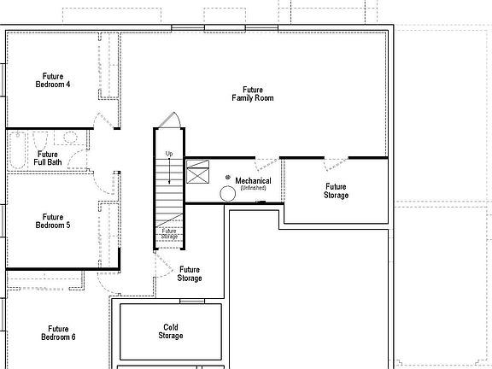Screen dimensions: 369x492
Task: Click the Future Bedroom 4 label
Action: click(x=52, y=80)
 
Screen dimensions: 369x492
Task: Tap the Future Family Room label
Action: click(x=252, y=94)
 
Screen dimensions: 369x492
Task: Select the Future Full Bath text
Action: click(x=48, y=158)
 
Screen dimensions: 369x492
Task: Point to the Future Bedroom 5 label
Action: click(x=52, y=221)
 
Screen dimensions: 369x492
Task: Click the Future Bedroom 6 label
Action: click(x=58, y=332)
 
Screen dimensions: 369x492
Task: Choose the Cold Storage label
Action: click(x=170, y=331)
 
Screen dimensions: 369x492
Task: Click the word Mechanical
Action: click(x=253, y=181)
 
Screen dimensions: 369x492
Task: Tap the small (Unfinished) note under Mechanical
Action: click(x=253, y=188)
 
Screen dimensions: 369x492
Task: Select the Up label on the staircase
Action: click(x=169, y=154)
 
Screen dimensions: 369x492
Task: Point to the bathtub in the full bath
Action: click(x=17, y=150)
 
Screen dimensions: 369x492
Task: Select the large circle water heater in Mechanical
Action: click(x=227, y=194)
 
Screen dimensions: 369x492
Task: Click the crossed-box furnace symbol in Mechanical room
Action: click(x=198, y=174)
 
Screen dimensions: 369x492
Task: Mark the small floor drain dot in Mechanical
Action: click(x=227, y=177)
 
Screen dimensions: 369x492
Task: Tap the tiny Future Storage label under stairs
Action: click(x=169, y=233)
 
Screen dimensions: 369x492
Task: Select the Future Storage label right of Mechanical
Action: click(x=336, y=190)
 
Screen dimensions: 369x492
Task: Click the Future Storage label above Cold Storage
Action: click(x=189, y=274)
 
